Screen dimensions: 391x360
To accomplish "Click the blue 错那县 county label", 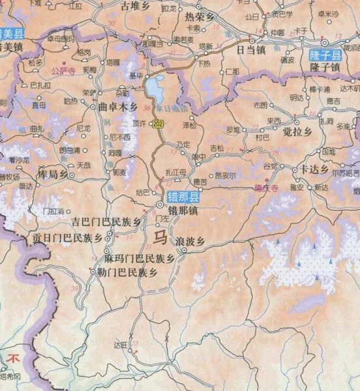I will [184, 196].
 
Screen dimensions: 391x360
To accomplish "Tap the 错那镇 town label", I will [183, 210].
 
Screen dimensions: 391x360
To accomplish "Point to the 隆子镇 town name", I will [325, 68].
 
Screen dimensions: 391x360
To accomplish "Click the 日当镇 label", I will [250, 49].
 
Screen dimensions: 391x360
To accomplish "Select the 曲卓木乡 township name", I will [117, 106].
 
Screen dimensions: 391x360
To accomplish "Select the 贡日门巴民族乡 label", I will [68, 239].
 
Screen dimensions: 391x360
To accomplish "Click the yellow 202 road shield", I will [157, 123].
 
